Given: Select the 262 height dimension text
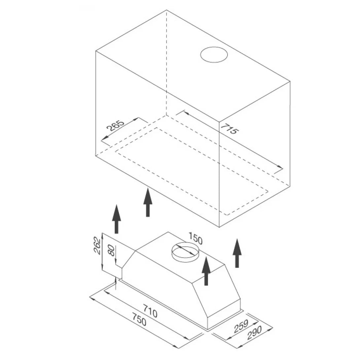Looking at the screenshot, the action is (97, 245).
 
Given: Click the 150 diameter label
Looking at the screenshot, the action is (196, 238).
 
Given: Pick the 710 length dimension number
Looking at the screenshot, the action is (150, 311).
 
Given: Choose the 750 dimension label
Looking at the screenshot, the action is (139, 320).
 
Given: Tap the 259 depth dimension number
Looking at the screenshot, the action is (241, 326).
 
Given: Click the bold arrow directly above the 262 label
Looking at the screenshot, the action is (116, 219).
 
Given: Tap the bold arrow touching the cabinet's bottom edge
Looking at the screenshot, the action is (148, 202).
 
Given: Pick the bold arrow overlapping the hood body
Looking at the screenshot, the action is (206, 271).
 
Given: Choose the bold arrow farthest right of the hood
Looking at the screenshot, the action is (237, 253).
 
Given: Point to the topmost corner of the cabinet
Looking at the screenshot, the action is (166, 10).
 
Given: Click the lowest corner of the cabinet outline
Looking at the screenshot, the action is (219, 227).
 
